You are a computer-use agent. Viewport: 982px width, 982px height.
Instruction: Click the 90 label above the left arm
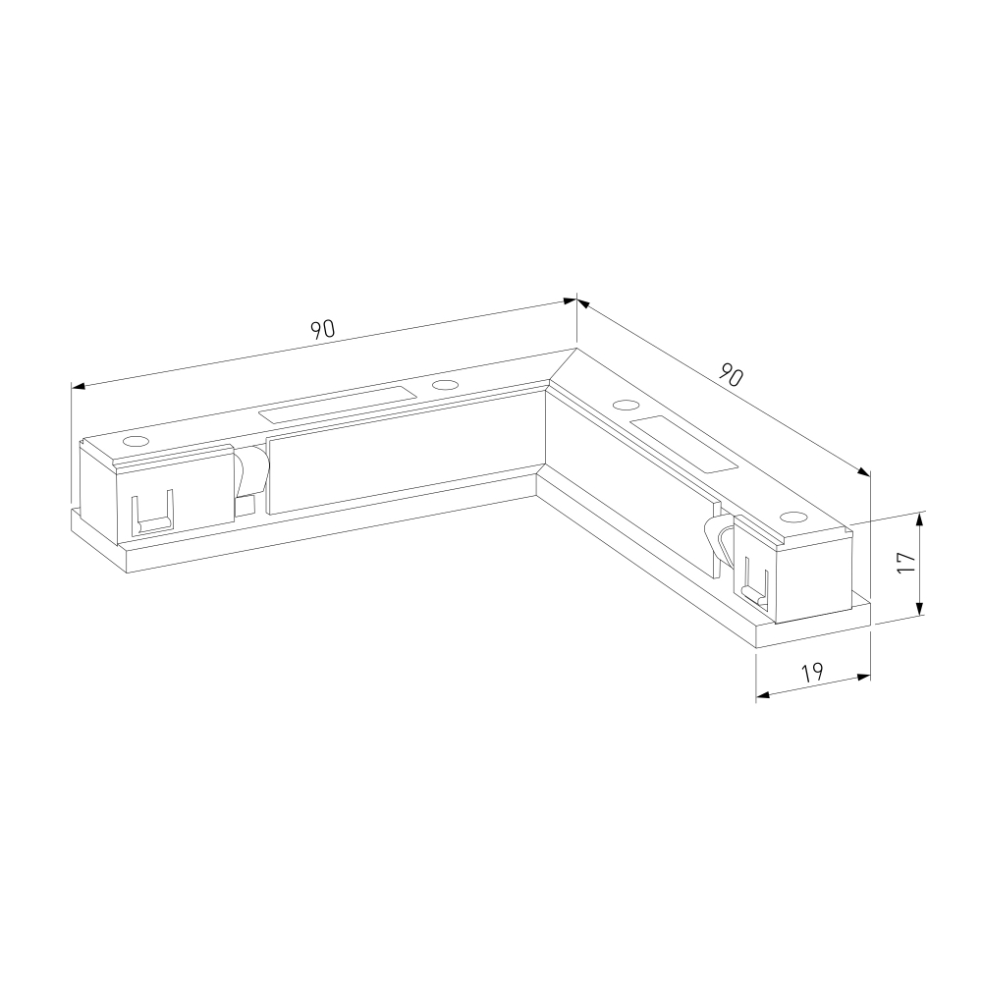324,329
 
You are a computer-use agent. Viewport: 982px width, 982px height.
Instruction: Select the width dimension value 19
812,673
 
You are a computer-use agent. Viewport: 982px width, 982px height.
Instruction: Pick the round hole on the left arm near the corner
444,385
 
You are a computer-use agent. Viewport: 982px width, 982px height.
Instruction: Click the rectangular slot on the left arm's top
339,406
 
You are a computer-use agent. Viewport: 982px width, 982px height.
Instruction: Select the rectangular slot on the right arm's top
683,444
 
